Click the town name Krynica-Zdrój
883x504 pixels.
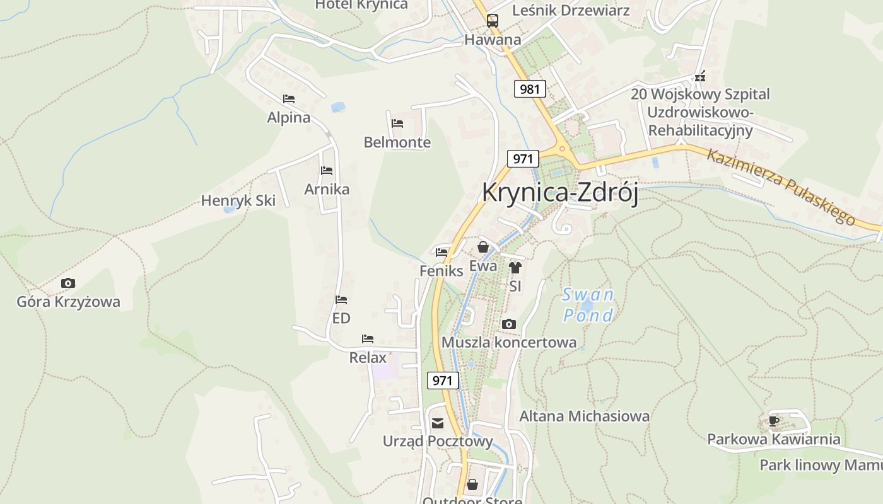point(559,192)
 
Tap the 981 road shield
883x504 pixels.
point(529,89)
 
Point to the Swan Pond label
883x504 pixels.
point(588,305)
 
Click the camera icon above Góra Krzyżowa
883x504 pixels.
point(68,283)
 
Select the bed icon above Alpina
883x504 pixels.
point(289,99)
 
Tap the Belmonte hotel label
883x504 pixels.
point(397,142)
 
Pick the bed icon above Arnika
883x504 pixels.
point(327,171)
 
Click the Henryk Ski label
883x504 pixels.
point(238,201)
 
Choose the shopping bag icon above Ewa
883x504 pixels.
point(483,247)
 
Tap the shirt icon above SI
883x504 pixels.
point(515,268)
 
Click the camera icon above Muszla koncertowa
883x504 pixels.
point(509,324)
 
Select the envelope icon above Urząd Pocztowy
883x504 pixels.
point(438,423)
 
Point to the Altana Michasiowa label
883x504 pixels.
point(584,416)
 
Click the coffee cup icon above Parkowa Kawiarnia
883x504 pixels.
point(774,421)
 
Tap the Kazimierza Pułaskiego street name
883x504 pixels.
point(780,186)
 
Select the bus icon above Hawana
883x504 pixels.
point(493,21)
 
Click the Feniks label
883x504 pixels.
point(441,271)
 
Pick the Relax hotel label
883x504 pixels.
point(368,358)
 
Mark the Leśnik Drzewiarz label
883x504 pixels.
point(570,10)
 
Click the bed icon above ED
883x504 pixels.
point(341,300)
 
